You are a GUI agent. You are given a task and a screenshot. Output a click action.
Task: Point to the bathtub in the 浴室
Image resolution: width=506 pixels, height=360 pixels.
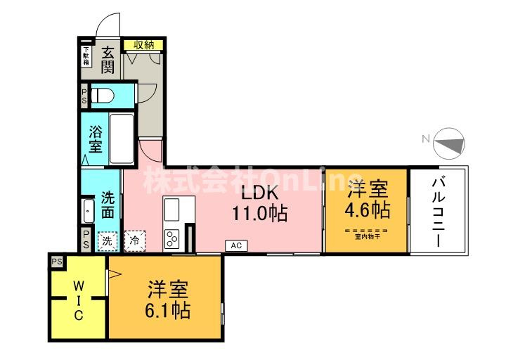coord(123,139)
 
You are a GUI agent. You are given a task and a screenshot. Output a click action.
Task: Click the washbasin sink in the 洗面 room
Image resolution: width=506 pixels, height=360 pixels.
coord(88,210)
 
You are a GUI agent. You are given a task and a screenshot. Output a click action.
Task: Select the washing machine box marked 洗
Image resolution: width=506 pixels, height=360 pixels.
coord(107,240)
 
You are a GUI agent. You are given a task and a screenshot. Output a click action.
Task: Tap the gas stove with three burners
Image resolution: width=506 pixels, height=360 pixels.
coord(172,239)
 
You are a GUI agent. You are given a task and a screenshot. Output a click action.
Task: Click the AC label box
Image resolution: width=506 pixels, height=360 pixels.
coord(235,245)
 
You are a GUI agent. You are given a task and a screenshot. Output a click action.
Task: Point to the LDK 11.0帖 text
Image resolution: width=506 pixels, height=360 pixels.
coord(259,203)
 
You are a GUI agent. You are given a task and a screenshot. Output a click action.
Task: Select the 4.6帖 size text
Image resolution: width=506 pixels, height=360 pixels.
coord(367,210)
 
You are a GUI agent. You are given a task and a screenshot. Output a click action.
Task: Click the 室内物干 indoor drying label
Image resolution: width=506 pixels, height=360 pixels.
coord(367,236)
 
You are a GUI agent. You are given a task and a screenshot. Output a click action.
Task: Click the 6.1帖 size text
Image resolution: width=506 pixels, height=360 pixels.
coord(167,310)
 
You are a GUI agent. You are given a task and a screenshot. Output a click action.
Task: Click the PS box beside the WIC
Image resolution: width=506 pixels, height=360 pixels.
coord(56,262)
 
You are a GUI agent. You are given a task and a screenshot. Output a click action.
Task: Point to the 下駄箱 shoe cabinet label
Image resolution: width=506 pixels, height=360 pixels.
coord(86,56)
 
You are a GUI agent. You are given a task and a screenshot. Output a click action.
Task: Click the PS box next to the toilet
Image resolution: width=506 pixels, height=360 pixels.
coord(84,96)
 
